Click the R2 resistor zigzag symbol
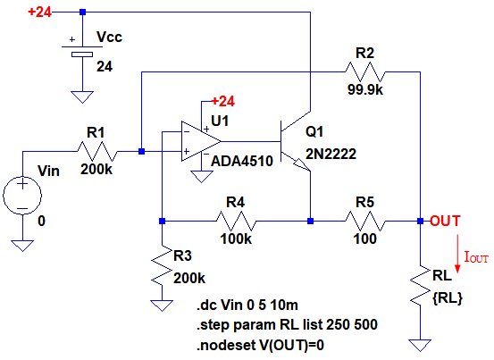pos(365,72)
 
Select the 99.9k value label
pos(365,90)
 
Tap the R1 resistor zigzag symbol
pos(97,152)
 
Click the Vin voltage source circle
pos(22,196)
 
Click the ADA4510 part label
pos(242,162)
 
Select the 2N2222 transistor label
pos(331,154)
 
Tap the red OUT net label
pos(445,221)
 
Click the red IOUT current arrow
pos(458,253)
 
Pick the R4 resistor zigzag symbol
pos(236,221)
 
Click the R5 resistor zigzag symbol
pos(365,221)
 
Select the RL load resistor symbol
pos(420,285)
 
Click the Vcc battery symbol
pos(82,51)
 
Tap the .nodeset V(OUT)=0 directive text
pos(260,346)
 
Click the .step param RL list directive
pos(287,325)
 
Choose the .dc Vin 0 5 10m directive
pos(247,305)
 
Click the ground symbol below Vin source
pos(22,246)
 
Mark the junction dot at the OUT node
pos(420,221)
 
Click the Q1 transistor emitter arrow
pos(302,165)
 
